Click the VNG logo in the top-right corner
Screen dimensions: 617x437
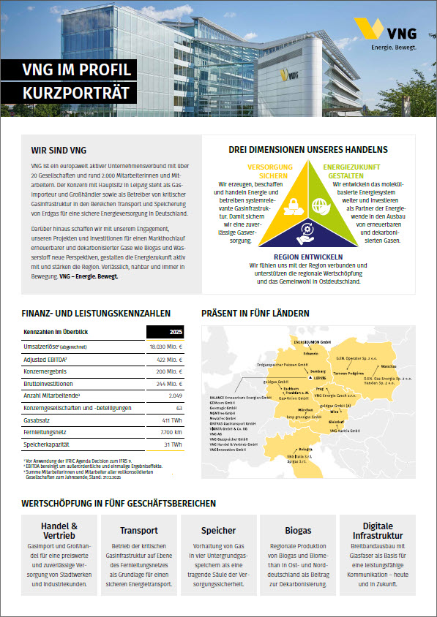384,34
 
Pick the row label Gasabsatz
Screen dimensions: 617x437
37,420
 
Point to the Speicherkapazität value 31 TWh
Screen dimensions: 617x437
172,445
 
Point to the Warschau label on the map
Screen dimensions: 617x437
389,366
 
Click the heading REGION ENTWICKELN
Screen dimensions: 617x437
307,257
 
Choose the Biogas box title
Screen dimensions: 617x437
298,530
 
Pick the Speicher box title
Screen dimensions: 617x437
218,530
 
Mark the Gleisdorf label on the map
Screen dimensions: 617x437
336,422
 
